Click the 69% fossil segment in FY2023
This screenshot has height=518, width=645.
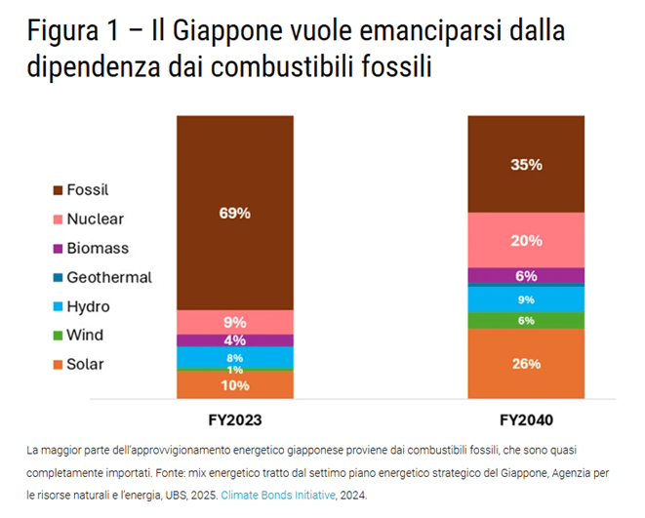235,213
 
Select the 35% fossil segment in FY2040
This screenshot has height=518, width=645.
526,164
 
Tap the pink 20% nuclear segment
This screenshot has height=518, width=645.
526,240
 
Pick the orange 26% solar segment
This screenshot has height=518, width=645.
526,364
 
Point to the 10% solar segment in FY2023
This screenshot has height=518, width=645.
235,384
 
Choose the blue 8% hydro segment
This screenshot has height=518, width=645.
235,357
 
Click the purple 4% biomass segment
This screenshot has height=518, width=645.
235,340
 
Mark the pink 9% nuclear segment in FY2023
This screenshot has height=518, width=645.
235,322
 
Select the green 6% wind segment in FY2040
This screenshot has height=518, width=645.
526,320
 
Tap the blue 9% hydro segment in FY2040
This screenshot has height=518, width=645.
526,299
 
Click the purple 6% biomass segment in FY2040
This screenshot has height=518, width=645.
526,275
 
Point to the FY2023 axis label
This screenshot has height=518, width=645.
235,419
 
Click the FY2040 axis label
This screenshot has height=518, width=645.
526,419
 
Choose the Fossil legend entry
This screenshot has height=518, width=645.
81,190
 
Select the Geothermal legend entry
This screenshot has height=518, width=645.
102,277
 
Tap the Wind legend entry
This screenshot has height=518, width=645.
78,335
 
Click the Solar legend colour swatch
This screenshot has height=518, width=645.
58,365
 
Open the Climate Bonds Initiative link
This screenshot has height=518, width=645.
278,495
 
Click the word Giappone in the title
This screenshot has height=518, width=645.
227,30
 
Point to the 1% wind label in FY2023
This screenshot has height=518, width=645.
235,370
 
